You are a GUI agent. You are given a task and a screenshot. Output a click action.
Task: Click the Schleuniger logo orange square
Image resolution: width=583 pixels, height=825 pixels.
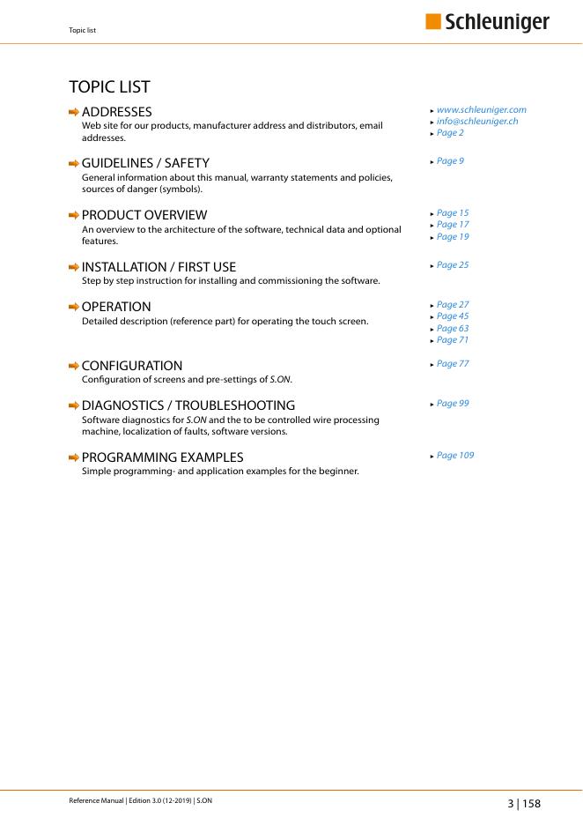pyautogui.click(x=433, y=22)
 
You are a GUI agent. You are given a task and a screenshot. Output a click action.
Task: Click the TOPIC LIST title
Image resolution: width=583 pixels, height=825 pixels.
pyautogui.click(x=109, y=86)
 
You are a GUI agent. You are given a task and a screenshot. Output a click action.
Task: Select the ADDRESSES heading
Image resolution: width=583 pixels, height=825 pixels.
pyautogui.click(x=116, y=112)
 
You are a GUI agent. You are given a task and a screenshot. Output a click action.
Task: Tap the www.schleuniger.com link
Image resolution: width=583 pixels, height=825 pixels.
pyautogui.click(x=481, y=110)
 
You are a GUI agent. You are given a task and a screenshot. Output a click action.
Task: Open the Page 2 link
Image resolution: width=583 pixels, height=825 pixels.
pyautogui.click(x=450, y=133)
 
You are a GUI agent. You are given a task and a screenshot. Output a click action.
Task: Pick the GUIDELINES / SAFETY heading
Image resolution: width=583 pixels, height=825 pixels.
pyautogui.click(x=145, y=163)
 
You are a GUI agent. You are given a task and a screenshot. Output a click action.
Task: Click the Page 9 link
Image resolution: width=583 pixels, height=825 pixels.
pyautogui.click(x=450, y=161)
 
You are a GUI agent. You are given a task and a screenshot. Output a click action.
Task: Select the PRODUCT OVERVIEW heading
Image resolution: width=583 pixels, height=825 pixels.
pyautogui.click(x=144, y=215)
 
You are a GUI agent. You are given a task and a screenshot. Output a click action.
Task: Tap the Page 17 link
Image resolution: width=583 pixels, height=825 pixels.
pyautogui.click(x=453, y=225)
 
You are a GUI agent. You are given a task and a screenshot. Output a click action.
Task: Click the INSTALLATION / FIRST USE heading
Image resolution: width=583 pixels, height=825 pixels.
pyautogui.click(x=159, y=267)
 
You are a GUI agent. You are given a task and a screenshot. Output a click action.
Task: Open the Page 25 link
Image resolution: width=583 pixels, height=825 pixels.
pyautogui.click(x=453, y=264)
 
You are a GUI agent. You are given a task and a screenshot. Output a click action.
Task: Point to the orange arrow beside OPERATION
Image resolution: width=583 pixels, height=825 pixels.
pyautogui.click(x=74, y=307)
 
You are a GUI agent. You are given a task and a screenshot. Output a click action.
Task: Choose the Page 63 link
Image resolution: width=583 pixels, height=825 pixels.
pyautogui.click(x=453, y=329)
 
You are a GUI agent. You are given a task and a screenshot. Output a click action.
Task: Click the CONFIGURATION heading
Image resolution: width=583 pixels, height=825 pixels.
pyautogui.click(x=132, y=366)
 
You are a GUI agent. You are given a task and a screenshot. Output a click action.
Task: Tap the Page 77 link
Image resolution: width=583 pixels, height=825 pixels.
pyautogui.click(x=453, y=363)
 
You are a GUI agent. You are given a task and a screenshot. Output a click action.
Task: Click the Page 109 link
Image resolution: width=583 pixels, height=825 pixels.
pyautogui.click(x=455, y=456)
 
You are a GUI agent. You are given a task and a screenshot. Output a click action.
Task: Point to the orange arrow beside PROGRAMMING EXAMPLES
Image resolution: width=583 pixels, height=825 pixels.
pyautogui.click(x=74, y=457)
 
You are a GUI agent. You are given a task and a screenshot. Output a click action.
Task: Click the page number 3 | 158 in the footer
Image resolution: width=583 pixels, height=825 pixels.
pyautogui.click(x=523, y=804)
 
